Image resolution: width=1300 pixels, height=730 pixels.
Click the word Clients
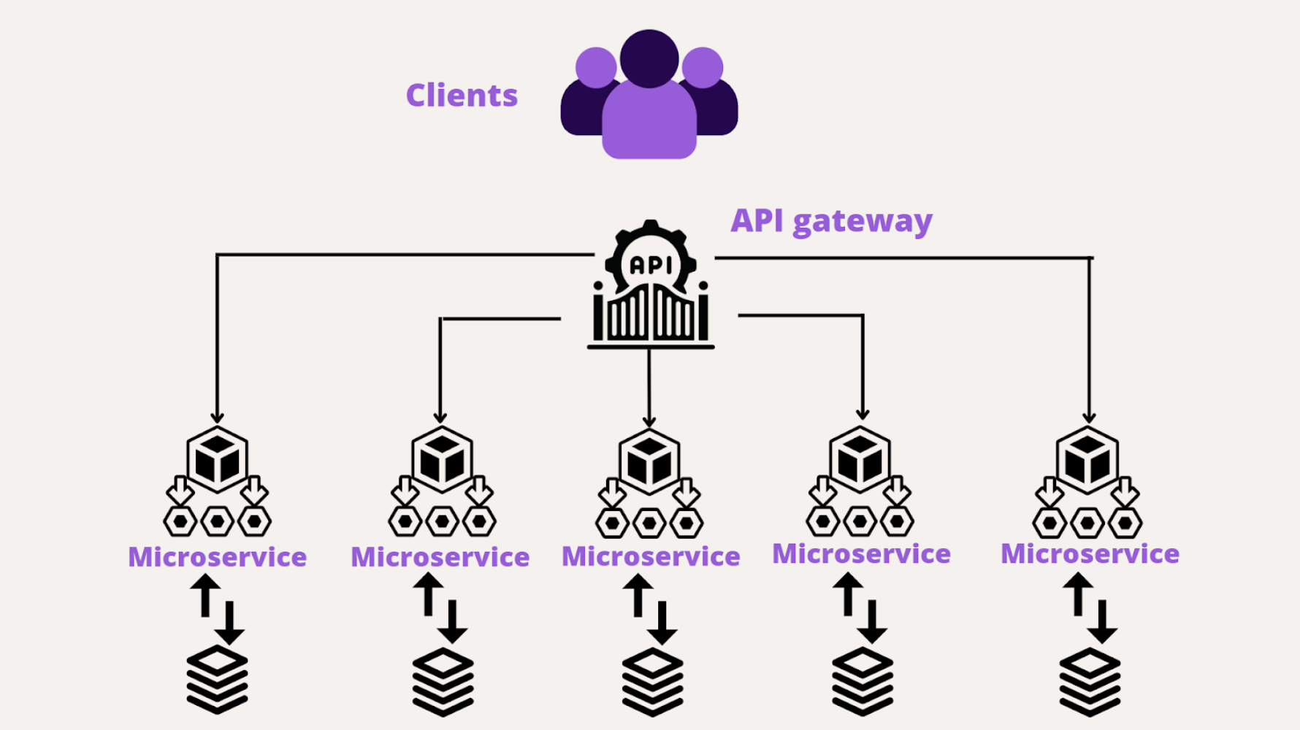click(462, 96)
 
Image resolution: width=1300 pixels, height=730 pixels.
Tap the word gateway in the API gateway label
click(863, 221)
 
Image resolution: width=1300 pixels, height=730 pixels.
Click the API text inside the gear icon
click(650, 266)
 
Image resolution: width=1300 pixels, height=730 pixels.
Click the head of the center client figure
click(649, 58)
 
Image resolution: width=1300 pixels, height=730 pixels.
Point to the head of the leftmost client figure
click(595, 68)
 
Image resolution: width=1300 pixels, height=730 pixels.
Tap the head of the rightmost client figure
click(703, 68)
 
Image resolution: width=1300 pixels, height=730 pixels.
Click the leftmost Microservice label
click(217, 557)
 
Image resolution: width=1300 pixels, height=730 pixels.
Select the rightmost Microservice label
click(1090, 554)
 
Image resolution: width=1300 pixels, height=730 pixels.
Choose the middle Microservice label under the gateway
click(651, 556)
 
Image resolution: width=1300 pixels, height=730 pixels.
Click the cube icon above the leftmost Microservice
click(217, 460)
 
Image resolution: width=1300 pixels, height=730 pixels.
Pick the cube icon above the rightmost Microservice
click(1087, 460)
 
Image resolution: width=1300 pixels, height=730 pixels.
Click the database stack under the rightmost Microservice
click(1090, 681)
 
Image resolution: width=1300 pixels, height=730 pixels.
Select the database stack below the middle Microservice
click(652, 681)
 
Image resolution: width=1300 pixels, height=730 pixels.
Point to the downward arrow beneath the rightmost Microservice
click(1102, 622)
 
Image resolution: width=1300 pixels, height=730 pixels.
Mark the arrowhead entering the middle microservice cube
click(649, 422)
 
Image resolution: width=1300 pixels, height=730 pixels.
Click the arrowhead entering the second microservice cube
click(440, 418)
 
